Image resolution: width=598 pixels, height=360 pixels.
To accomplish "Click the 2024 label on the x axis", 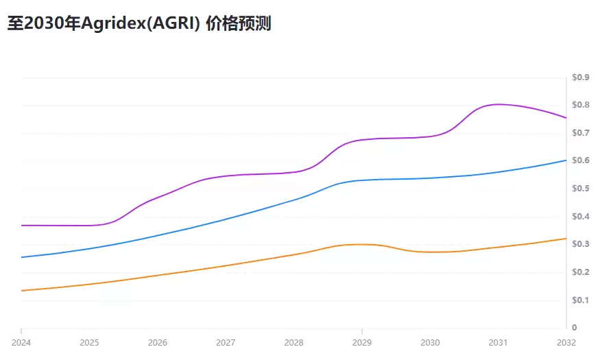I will click(21, 342).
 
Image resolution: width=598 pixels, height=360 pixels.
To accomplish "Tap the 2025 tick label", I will click(89, 342).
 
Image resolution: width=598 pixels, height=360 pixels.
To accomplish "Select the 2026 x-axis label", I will click(157, 342).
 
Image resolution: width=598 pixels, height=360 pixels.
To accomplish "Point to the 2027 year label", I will click(226, 342).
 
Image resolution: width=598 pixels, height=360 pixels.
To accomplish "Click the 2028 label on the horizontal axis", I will click(294, 342).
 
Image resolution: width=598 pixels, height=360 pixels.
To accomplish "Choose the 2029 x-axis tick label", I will click(362, 342).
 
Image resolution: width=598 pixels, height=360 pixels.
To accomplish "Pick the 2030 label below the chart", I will click(430, 342).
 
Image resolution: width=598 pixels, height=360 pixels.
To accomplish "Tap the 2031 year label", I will click(498, 342).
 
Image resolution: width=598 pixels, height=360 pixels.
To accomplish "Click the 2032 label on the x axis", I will click(566, 342).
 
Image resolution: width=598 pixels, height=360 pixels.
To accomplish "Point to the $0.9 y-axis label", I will click(581, 77).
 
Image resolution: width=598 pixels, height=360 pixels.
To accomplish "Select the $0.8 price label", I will click(581, 105).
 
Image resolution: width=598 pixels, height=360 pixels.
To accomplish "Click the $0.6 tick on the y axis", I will click(581, 160).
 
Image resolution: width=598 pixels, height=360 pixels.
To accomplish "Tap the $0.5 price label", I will click(581, 189).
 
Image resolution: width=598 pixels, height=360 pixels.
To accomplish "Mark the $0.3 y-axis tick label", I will click(581, 244).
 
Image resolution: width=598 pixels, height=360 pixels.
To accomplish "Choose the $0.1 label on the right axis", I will click(581, 300).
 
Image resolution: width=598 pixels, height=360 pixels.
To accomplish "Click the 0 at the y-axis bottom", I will click(575, 328).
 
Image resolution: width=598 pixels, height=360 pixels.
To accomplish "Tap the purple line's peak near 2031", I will click(498, 104).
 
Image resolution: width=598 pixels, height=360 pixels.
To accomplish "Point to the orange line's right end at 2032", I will click(566, 239).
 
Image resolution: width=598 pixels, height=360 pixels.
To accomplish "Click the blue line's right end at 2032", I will click(566, 160).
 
